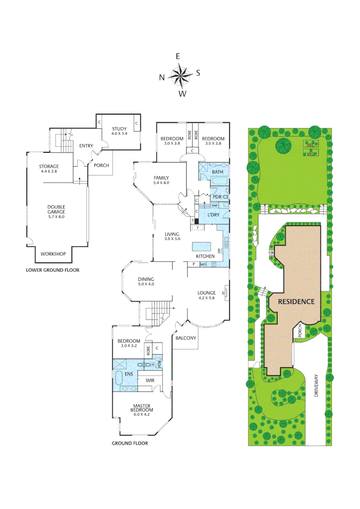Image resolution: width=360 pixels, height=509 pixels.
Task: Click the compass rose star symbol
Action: click(x=180, y=74)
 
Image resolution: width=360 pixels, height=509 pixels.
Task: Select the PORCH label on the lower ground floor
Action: click(x=101, y=165)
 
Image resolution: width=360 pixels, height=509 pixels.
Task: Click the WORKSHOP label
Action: click(x=52, y=254)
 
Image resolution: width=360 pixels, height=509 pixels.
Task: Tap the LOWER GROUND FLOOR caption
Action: click(x=52, y=270)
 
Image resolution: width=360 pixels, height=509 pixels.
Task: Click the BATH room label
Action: click(x=217, y=172)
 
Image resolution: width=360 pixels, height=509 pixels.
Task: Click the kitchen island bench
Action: click(x=203, y=246)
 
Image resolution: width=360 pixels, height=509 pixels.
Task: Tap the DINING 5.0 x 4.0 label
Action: click(x=146, y=281)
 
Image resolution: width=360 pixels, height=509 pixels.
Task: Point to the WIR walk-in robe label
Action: click(x=151, y=380)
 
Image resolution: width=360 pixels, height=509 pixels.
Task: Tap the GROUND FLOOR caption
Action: click(x=130, y=443)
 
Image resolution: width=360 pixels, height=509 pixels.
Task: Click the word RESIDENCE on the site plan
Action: click(x=296, y=302)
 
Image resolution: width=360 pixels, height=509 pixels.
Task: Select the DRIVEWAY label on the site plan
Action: click(x=316, y=386)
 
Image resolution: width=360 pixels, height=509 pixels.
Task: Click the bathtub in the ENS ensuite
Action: click(x=119, y=379)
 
